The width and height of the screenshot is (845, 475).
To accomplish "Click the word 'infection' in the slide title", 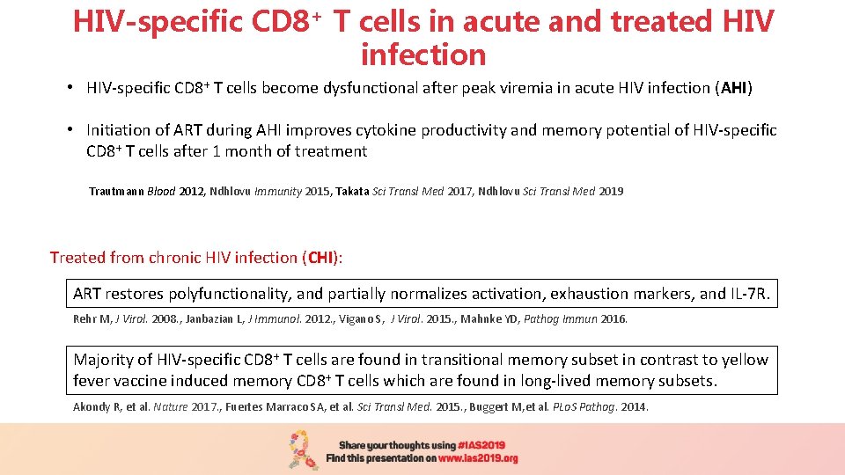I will click(423, 55).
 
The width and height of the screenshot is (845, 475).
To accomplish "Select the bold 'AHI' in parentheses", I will click(733, 88).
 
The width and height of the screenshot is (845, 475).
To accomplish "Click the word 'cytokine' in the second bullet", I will click(386, 130).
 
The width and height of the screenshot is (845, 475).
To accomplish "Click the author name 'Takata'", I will click(354, 191).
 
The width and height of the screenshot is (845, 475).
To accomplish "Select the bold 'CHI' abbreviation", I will click(321, 258).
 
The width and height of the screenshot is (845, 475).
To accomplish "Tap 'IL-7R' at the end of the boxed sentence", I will click(747, 294).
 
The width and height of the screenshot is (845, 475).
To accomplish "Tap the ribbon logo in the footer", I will click(304, 449).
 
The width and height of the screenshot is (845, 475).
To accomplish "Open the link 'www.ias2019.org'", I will click(479, 458).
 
